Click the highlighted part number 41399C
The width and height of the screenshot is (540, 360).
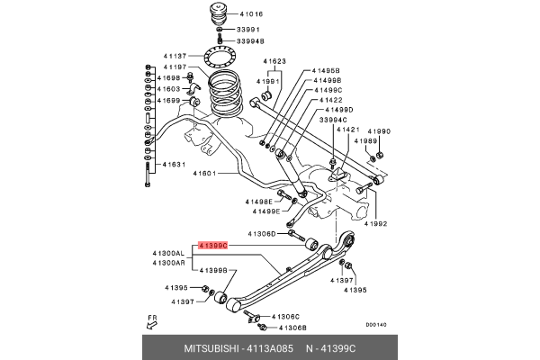(x=214, y=245)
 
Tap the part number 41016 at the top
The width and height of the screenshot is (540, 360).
(x=251, y=15)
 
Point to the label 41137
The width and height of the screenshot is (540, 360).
(x=175, y=56)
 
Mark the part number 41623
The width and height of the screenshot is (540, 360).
(x=274, y=62)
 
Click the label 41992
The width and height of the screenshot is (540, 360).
(x=375, y=224)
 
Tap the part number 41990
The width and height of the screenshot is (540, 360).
(x=379, y=131)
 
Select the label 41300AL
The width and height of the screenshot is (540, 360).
(x=167, y=255)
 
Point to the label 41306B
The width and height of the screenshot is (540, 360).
(x=292, y=328)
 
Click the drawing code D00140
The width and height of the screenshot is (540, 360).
(x=375, y=325)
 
